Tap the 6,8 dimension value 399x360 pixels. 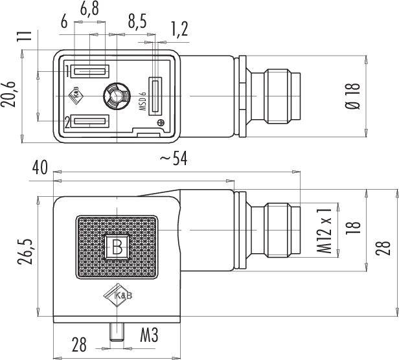tap(89, 10)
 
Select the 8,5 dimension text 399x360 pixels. tap(137, 21)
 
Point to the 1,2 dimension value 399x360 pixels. tap(179, 28)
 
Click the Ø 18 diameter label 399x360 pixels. tap(353, 96)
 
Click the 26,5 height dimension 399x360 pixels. tap(25, 252)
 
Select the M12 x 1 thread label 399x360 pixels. tap(325, 231)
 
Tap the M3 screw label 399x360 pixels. tap(149, 335)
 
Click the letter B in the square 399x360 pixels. tap(117, 247)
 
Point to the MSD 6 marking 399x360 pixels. tap(142, 101)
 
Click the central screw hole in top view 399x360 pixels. tap(117, 96)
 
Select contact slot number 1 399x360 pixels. tap(89, 71)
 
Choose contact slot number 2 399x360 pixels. tap(89, 121)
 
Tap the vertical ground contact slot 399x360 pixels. tap(155, 96)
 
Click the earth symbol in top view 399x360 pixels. tap(161, 122)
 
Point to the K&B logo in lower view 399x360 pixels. tap(118, 295)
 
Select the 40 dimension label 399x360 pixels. tap(40, 168)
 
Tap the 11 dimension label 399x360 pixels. tap(24, 36)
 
